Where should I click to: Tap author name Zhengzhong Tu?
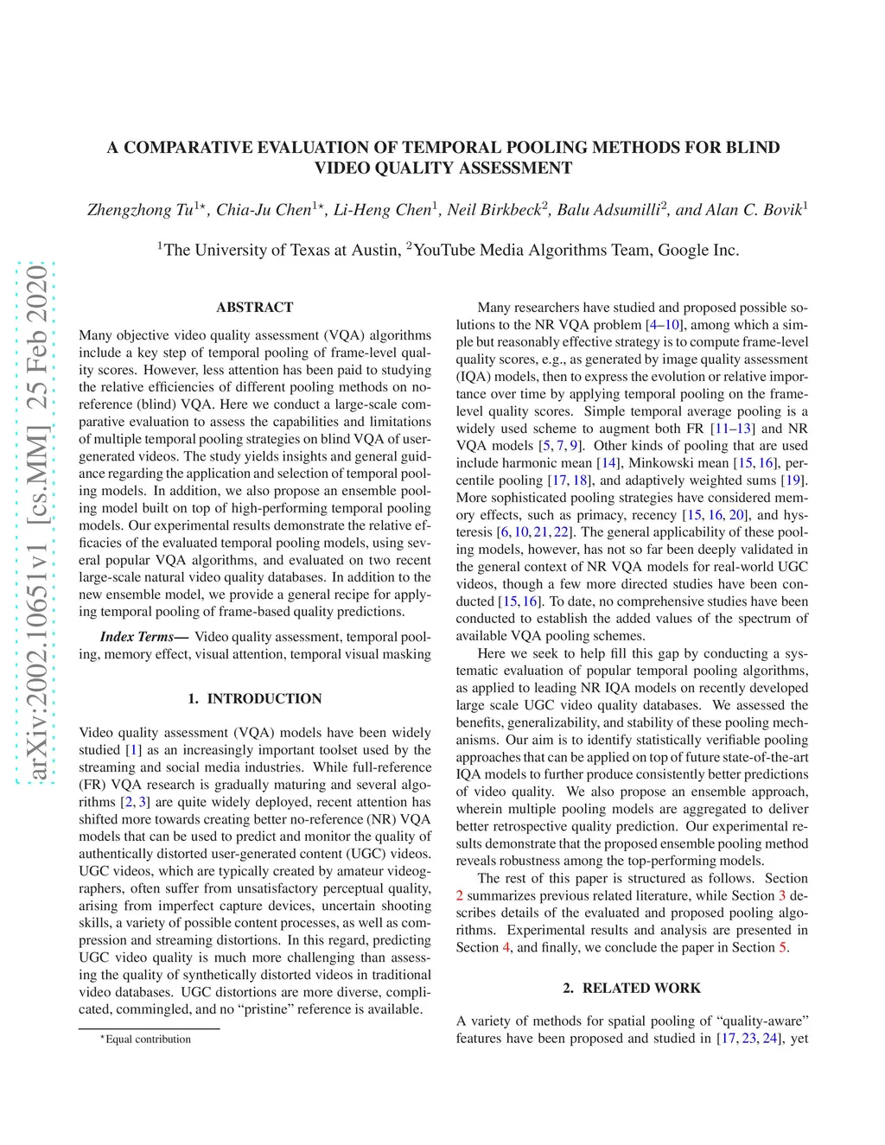coord(140,210)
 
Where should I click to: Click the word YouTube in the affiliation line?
coord(443,251)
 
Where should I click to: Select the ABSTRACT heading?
coord(255,308)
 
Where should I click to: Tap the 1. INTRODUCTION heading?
coord(255,699)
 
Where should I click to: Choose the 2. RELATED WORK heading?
coord(632,989)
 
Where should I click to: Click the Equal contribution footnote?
coord(148,1040)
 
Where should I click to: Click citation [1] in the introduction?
coord(133,750)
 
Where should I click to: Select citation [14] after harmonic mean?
coord(609,463)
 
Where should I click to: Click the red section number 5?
coord(783,948)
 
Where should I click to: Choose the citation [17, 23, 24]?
coord(748,1039)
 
